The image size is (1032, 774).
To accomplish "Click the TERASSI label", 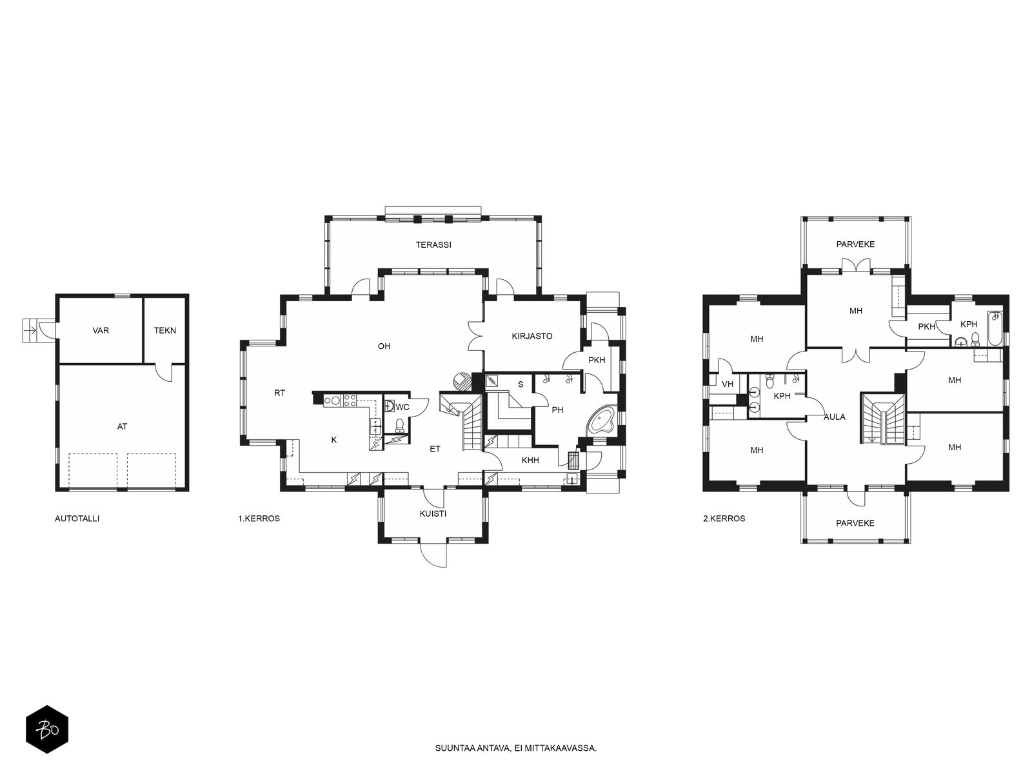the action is point(433,245).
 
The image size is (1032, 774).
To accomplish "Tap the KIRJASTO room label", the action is point(531,336).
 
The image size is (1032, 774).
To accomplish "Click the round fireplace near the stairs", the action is point(461,381).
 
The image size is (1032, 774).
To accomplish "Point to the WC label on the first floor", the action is point(402,407).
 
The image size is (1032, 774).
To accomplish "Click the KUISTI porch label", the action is point(433,513).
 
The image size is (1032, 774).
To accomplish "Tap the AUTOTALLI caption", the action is point(77,519).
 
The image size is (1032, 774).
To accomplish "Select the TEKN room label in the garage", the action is point(165,330).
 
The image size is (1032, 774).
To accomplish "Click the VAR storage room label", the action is point(101,330).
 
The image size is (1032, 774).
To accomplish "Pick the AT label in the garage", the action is point(123,427).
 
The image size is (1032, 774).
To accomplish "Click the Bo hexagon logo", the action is point(47,729).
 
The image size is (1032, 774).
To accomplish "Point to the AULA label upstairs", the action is point(835,417).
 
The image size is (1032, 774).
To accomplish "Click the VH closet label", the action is point(728,384).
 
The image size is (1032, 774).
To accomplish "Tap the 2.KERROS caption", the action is point(724,519).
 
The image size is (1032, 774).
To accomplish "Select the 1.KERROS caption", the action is point(259,519).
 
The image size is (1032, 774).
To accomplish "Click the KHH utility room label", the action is point(530,461).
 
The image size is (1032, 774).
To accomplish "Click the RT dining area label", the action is point(279,393).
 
